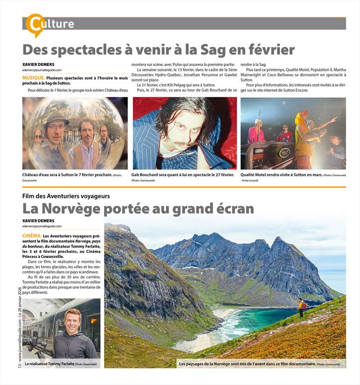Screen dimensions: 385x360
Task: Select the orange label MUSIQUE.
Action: click(33, 78)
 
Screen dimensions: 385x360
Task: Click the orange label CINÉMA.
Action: click(32, 236)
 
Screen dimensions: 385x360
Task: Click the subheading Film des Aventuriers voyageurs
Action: click(66, 196)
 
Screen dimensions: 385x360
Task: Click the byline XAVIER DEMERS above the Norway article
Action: click(38, 221)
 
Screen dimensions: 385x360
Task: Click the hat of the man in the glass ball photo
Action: click(56, 118)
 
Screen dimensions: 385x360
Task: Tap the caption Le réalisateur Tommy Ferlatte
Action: click(50, 364)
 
